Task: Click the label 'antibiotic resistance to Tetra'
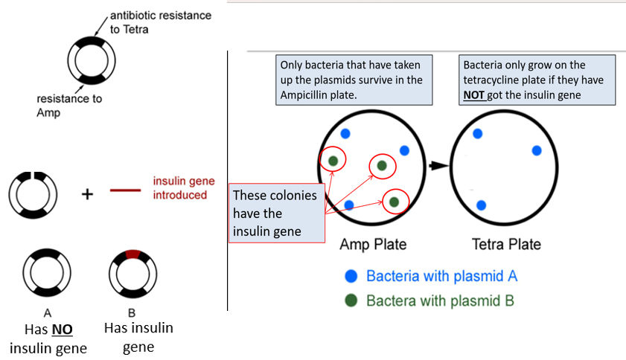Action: tap(160, 22)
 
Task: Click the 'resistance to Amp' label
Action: tap(68, 104)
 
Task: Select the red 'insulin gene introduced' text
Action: tap(179, 187)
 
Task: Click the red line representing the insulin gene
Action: tap(125, 190)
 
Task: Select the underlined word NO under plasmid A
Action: tap(61, 329)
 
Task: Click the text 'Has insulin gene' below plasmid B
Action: tap(138, 337)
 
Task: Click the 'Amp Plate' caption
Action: tap(373, 244)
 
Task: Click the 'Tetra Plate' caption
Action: tap(507, 244)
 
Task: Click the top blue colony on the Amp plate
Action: tap(345, 133)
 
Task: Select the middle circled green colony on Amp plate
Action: tap(382, 165)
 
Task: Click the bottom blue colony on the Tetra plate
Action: tap(481, 205)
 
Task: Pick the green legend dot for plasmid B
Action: tap(351, 300)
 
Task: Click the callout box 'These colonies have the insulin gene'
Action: tap(275, 213)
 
